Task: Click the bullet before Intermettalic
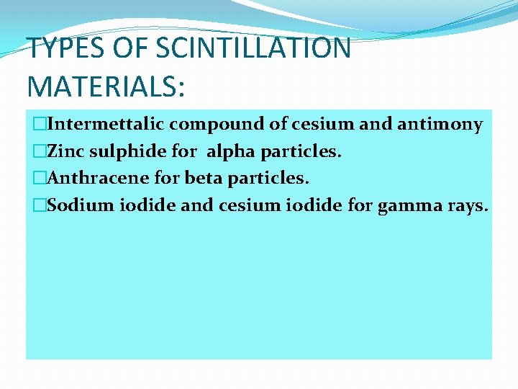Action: (x=37, y=125)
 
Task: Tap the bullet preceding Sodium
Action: (x=37, y=206)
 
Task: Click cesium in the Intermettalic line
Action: (x=323, y=124)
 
